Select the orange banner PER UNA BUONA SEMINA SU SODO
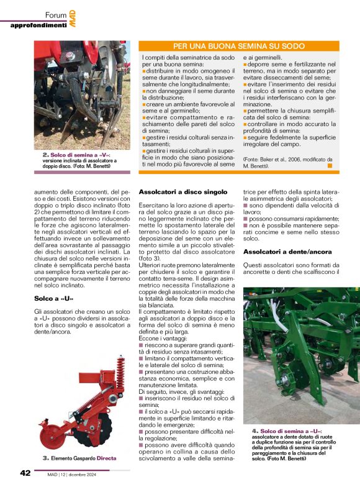pos(238,47)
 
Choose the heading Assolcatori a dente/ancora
pos(286,252)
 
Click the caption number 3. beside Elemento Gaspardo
pos(45,458)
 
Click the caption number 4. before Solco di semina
pos(255,431)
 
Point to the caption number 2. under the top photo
pos(45,154)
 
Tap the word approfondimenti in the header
pos(38,25)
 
